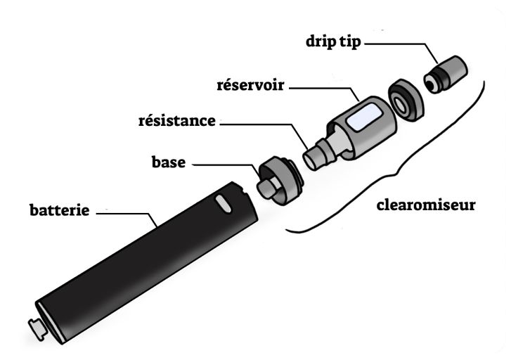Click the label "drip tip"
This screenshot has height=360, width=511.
pos(333,41)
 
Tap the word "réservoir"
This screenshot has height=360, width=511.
pos(250,86)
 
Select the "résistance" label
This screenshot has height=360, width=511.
pos(176,121)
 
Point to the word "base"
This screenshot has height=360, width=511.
pos(169,162)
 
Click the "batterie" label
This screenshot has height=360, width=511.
pos(59,210)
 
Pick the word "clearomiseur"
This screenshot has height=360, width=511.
pos(426,206)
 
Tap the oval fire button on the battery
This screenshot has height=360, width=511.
pos(224,204)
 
